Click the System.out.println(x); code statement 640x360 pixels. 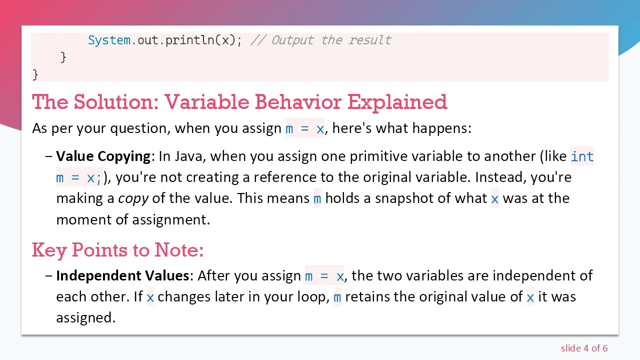coord(164,40)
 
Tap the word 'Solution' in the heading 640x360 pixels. coord(115,102)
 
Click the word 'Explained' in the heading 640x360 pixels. coord(397,102)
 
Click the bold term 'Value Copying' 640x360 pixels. coord(103,156)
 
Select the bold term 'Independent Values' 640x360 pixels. coord(122,275)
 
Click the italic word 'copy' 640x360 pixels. coord(133,198)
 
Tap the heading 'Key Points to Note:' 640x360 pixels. coord(117,249)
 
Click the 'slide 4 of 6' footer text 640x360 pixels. coord(584,348)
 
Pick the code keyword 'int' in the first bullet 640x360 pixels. coord(582,156)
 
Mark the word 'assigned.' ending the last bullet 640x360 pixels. coord(85,317)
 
